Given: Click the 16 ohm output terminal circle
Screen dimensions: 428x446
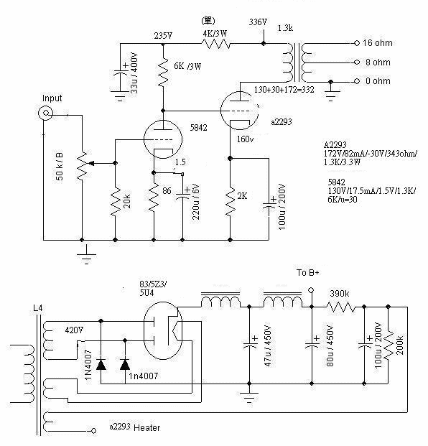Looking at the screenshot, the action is [357, 43].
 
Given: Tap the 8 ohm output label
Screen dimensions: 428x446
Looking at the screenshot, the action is [378, 62].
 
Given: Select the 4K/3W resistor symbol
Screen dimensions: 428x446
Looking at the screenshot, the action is [216, 44].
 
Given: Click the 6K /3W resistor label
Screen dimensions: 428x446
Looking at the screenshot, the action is [187, 66].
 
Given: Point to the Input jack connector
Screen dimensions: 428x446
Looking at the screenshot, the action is [45, 113].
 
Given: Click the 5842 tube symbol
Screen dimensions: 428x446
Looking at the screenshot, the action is [163, 139].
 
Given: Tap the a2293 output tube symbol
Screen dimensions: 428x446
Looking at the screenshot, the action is [239, 111].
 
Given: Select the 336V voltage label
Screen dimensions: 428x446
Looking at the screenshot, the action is [258, 22].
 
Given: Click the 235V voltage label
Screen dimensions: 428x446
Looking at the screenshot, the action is [163, 36].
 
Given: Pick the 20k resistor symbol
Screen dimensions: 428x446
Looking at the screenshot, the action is [115, 202].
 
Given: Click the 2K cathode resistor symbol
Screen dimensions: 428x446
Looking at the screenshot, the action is [231, 201].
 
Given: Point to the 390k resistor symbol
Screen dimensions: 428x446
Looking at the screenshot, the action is [340, 307].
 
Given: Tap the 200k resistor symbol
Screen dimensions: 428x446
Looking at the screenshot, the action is [389, 345].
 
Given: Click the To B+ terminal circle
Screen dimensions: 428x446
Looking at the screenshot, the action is [312, 290].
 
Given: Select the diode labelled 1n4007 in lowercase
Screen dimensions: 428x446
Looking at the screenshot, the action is [125, 364].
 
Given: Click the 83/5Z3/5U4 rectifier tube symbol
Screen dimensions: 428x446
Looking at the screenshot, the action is [163, 330].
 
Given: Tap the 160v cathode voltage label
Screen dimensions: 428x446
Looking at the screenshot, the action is [245, 139].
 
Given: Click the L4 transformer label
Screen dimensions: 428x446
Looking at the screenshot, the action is [38, 308].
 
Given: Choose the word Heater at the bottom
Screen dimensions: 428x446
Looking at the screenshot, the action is [146, 427].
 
